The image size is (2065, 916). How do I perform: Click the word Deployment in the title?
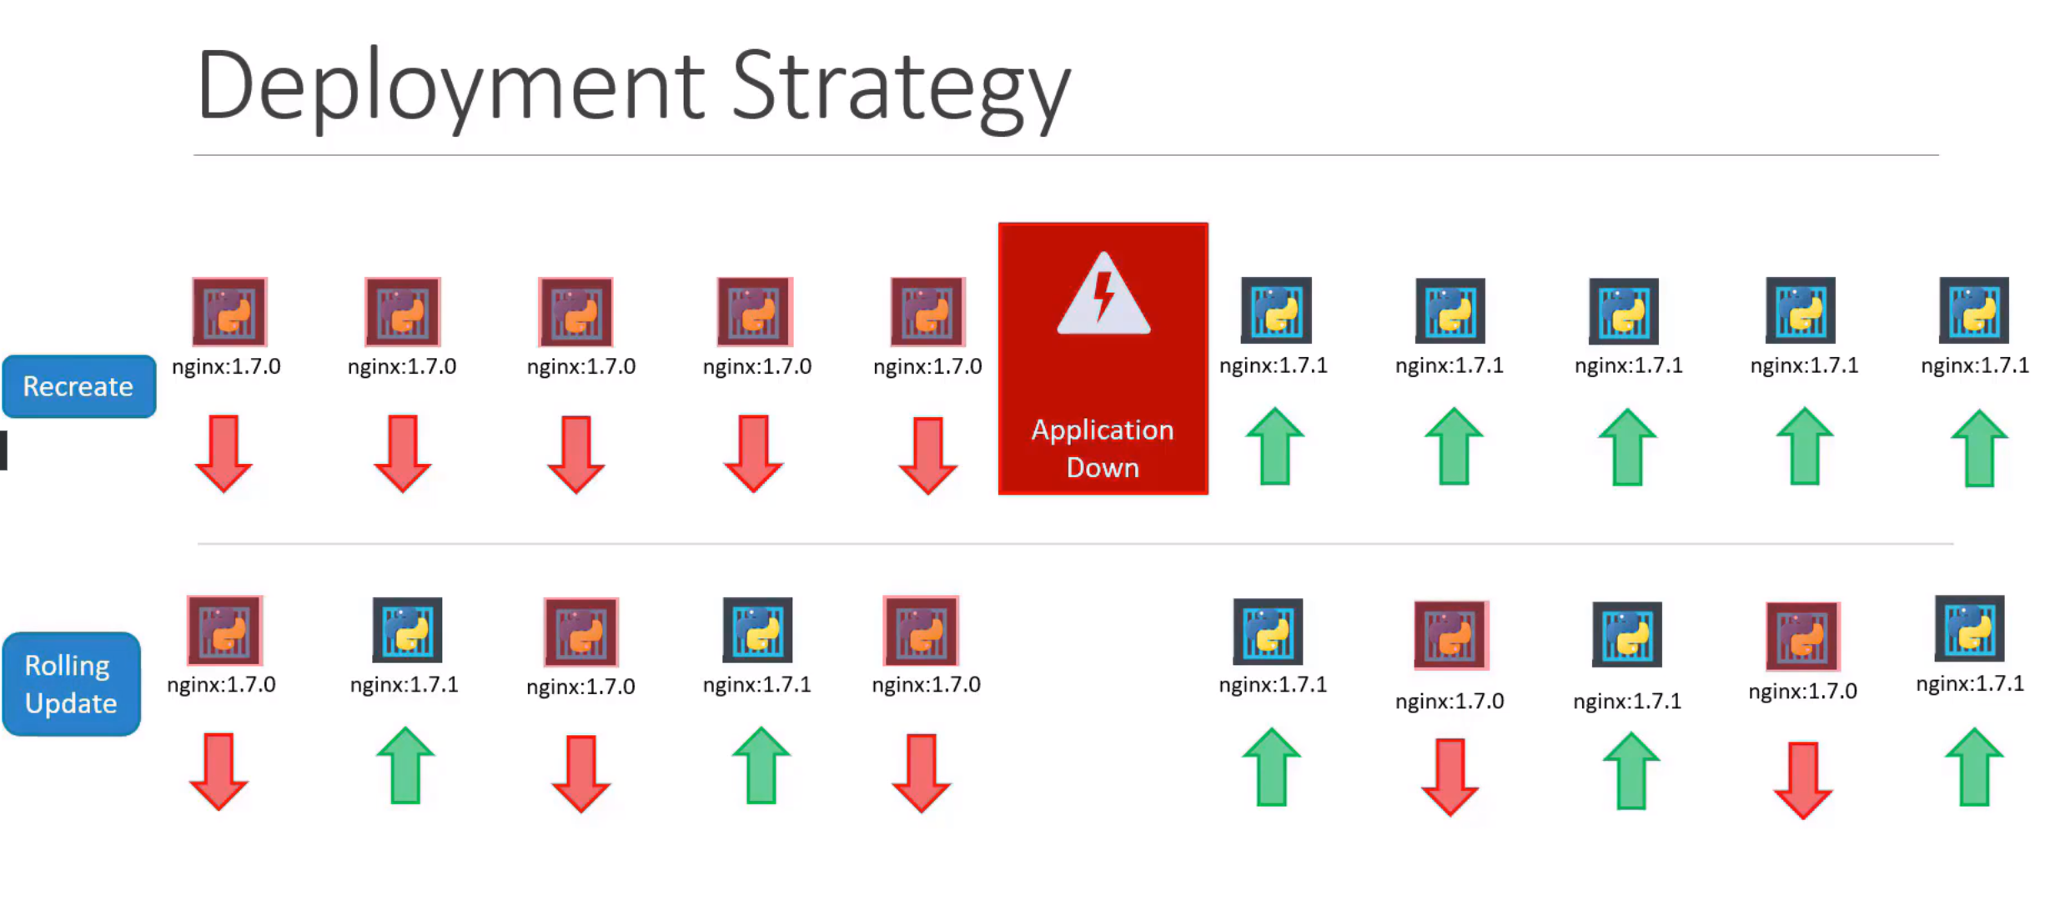coord(451,88)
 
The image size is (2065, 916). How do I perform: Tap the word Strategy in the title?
coord(902,88)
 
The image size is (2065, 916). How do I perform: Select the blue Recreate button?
coord(79,386)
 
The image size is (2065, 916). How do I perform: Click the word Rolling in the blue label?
coord(68,665)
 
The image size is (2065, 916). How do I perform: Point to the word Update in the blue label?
coord(71,703)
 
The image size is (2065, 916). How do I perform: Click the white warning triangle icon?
coord(1103,294)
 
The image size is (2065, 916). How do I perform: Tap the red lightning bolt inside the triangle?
coord(1103,296)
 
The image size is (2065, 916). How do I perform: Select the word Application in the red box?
coord(1103,430)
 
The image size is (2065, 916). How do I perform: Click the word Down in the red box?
coord(1103,467)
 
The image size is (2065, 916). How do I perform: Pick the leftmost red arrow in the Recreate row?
coord(224,453)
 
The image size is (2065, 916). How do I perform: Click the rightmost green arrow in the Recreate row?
coord(1979,448)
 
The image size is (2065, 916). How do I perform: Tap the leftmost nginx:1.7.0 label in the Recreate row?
coord(226,367)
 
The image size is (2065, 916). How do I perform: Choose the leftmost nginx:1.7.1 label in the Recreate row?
coord(1273,366)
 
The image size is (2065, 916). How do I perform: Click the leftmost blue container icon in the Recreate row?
coord(1276,310)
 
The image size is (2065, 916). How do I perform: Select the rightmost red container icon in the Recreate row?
coord(927,312)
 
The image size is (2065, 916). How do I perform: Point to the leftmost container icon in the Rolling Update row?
coord(224,630)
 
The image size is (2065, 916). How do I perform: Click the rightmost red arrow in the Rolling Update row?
coord(1803,780)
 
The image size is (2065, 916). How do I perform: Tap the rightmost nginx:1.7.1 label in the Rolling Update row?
coord(1970,684)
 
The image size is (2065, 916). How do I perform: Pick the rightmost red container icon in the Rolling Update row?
coord(1802,636)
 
